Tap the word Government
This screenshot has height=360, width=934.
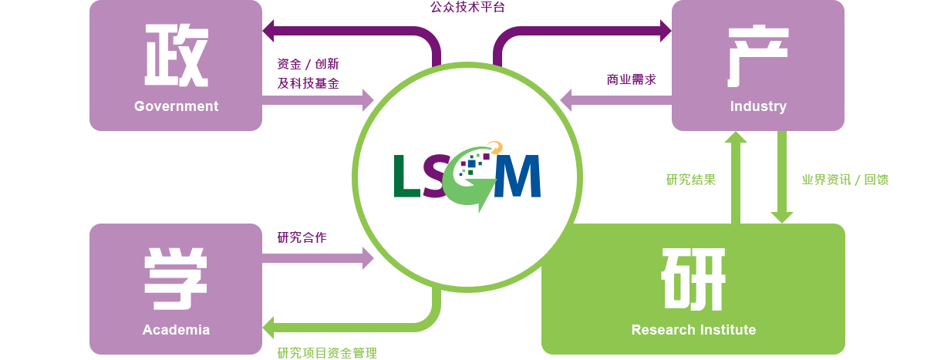[x=176, y=106]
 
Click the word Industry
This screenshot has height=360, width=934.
[x=758, y=106]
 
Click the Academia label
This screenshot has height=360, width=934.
[x=176, y=330]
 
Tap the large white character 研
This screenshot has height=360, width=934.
[x=693, y=279]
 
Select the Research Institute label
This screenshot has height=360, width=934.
[x=693, y=330]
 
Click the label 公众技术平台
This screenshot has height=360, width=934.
[x=467, y=8]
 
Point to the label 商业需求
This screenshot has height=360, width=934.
[x=631, y=79]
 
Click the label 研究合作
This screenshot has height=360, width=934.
[x=302, y=237]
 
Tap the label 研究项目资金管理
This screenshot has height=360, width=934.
[x=327, y=353]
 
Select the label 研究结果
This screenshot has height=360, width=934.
[x=691, y=180]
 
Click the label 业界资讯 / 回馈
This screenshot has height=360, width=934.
[x=845, y=180]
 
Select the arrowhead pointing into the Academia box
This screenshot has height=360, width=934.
[x=269, y=327]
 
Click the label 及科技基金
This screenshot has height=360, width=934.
[x=309, y=83]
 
